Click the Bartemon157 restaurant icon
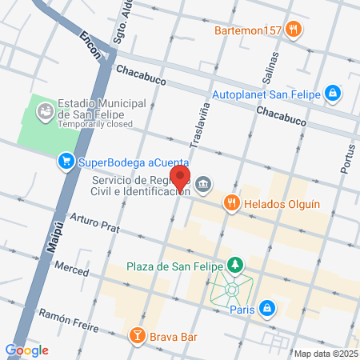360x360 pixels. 294,30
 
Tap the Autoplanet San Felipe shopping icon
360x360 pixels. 333,94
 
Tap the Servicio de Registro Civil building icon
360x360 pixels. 204,186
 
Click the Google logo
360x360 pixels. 26,350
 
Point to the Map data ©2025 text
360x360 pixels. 326,354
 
